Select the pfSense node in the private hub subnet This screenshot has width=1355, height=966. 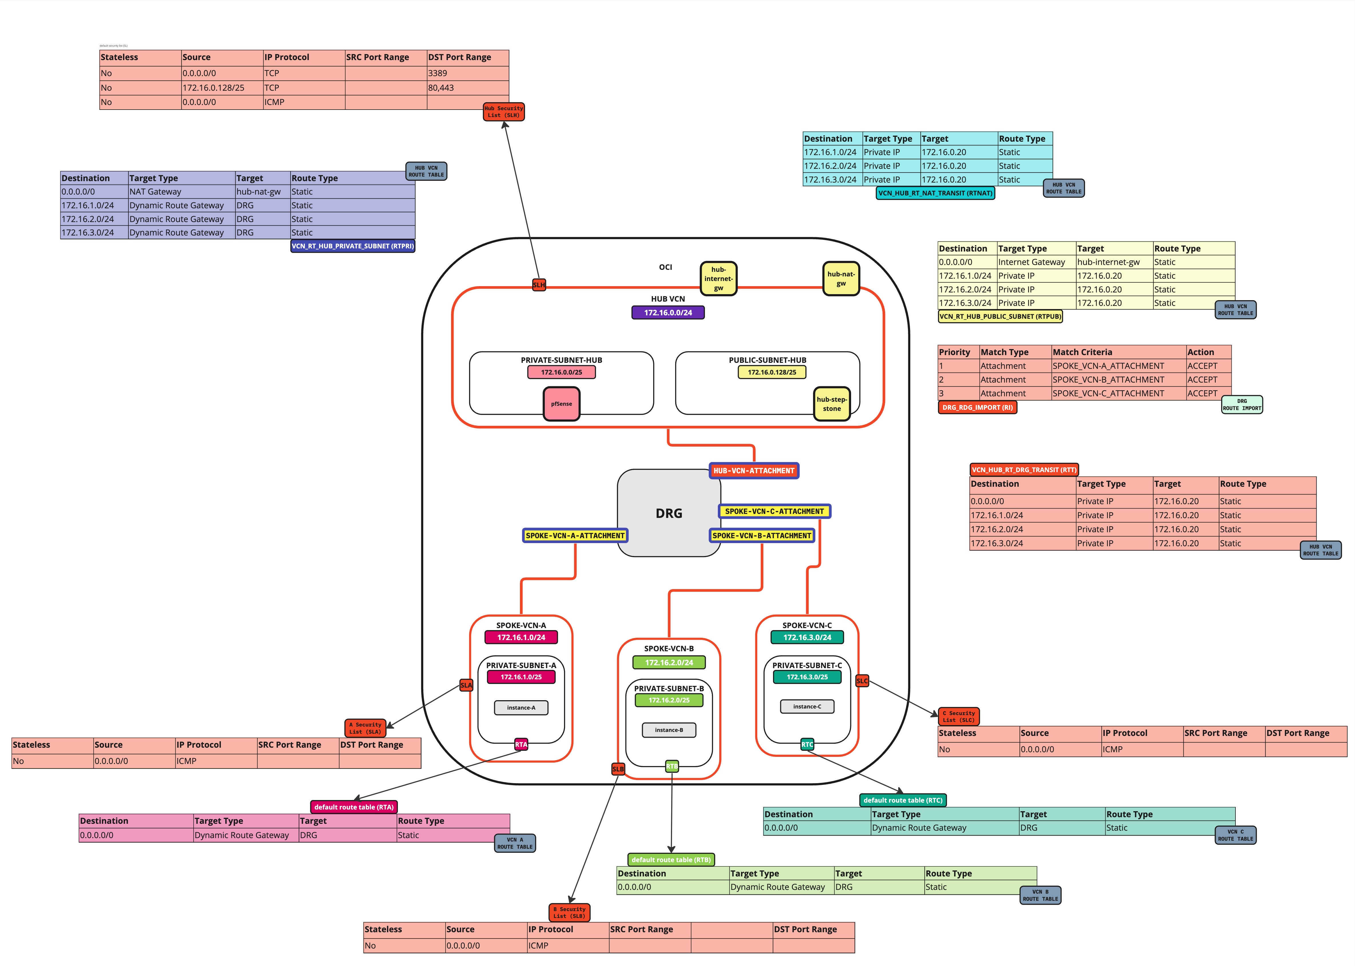point(561,404)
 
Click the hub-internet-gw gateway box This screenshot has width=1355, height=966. point(718,278)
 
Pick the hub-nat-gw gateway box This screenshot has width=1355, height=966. point(841,278)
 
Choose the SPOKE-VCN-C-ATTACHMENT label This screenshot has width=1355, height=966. point(774,511)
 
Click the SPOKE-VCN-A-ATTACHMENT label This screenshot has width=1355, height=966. point(575,535)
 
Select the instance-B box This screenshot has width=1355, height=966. point(669,730)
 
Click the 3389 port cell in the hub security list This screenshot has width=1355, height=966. point(467,73)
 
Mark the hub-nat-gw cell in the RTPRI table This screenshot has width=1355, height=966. point(262,191)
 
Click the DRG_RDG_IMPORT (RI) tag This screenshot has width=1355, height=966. point(977,407)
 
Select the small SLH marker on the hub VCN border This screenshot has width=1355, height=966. point(539,285)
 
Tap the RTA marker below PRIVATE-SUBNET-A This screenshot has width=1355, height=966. point(521,744)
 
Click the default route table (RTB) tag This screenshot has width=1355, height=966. point(671,860)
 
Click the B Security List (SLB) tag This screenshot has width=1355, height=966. point(569,912)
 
